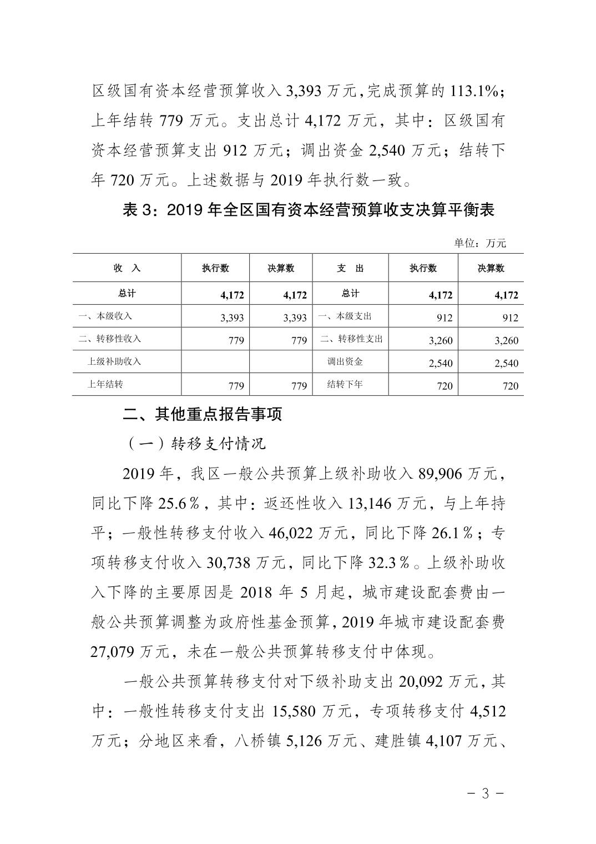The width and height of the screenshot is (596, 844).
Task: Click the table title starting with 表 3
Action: coord(308,211)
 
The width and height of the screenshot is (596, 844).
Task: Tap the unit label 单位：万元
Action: coord(480,243)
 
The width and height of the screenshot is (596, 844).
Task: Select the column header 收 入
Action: coord(127,269)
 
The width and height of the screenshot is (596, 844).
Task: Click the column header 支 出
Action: coord(350,269)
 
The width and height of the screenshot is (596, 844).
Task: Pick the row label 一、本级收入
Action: coord(105,316)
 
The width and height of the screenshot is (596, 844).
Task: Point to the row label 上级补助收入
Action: coord(114,361)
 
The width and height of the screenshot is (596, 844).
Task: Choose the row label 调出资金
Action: coord(345,362)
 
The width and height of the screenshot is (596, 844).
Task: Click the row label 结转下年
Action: coord(345,385)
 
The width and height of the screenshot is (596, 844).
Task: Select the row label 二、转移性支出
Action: coord(351,339)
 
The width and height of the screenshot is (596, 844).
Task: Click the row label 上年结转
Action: coord(105,385)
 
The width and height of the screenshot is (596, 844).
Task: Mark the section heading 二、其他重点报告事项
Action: coord(203,414)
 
